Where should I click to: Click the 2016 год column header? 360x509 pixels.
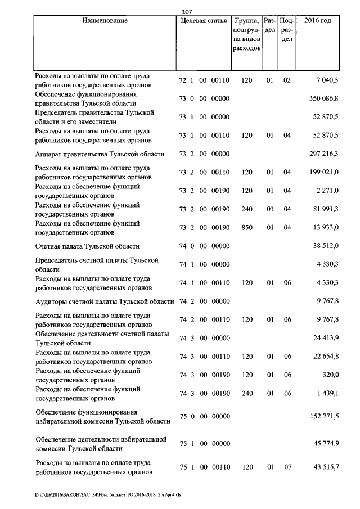pyautogui.click(x=317, y=21)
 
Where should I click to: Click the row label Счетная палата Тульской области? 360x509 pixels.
pyautogui.click(x=87, y=246)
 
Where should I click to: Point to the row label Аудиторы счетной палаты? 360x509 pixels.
pyautogui.click(x=104, y=301)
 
